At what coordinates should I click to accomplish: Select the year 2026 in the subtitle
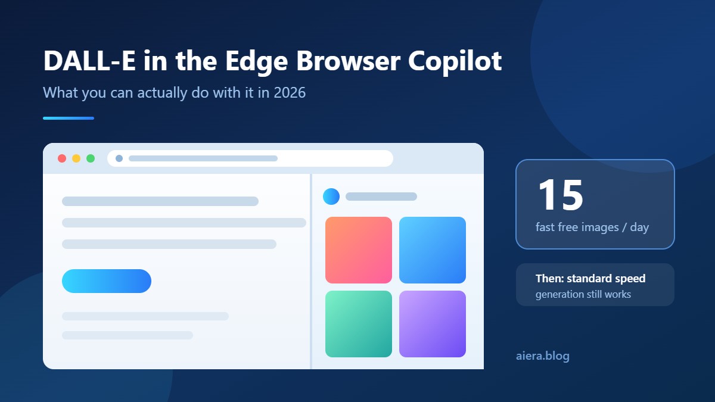[x=290, y=92]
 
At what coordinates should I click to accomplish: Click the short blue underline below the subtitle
[x=69, y=118]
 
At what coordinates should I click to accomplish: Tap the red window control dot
[x=62, y=158]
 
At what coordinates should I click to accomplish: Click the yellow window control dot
[x=76, y=158]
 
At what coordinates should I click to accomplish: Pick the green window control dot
[x=91, y=158]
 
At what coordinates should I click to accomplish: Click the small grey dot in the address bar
[x=119, y=158]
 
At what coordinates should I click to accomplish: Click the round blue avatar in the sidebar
[x=331, y=196]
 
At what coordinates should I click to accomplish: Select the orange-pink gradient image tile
[x=359, y=250]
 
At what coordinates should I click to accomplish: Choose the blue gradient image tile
[x=433, y=250]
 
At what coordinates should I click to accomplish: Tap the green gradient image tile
[x=359, y=324]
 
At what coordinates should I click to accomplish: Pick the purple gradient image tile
[x=433, y=324]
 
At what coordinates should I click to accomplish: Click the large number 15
[x=561, y=195]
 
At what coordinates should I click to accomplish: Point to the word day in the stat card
[x=639, y=228]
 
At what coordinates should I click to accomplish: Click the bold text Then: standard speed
[x=590, y=279]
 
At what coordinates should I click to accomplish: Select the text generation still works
[x=583, y=294]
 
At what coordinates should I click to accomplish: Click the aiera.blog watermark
[x=543, y=356]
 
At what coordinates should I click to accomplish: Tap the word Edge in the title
[x=257, y=61]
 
